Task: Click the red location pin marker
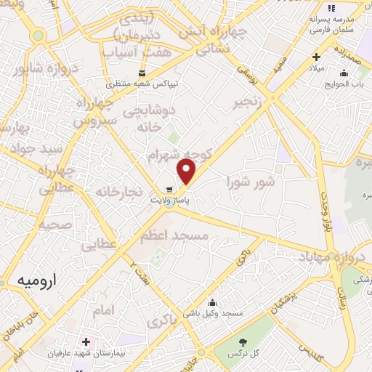click(187, 171)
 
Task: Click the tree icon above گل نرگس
click(243, 342)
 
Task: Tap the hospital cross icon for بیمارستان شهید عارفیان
click(86, 341)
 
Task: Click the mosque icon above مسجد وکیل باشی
click(212, 302)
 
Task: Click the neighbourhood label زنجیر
click(246, 104)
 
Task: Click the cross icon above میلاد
click(315, 57)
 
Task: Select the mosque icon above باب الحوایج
click(344, 73)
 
